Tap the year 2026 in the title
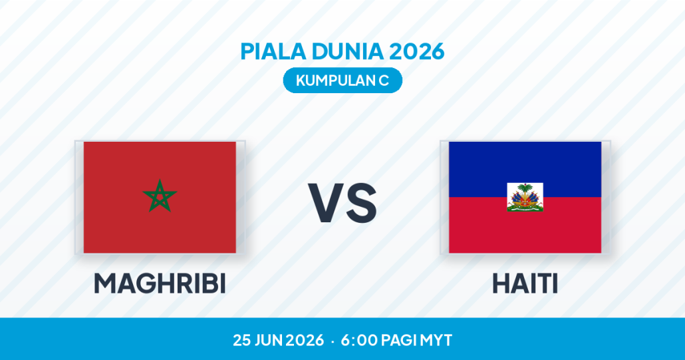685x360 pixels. click(417, 51)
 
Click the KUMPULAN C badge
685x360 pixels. click(342, 81)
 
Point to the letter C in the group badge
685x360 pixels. click(384, 81)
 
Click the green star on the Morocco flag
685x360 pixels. click(160, 196)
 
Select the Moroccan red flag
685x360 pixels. click(160, 197)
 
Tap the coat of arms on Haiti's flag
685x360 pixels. click(525, 197)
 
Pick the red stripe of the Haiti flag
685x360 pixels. click(525, 232)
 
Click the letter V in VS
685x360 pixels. click(325, 203)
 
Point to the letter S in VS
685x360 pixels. click(360, 203)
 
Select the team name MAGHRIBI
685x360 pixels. click(160, 283)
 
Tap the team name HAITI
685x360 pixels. click(525, 283)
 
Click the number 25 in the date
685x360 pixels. click(241, 340)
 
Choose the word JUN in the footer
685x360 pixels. click(267, 340)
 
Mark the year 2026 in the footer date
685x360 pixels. click(304, 340)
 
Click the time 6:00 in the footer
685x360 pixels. click(358, 340)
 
